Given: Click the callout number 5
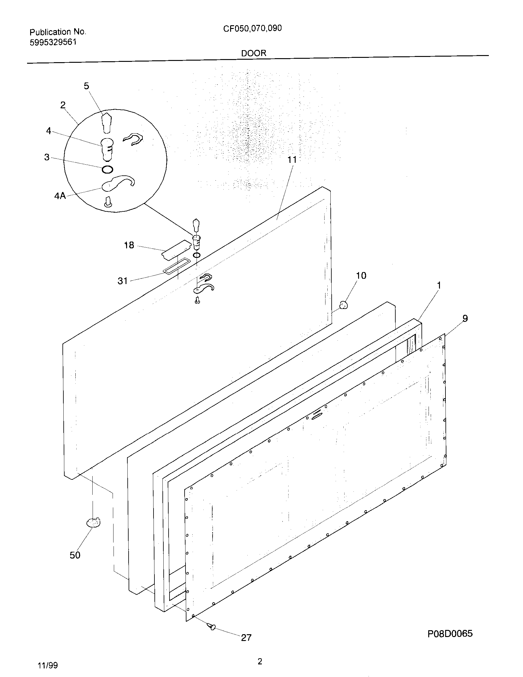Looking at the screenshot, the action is coord(86,86).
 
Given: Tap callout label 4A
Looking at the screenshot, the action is coord(60,196).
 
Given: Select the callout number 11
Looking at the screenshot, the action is coord(292,160).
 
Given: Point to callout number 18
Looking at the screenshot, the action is coord(129,245).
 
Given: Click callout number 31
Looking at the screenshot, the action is coord(123,281).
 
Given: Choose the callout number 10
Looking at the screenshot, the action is coord(361,275).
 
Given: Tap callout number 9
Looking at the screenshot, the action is coord(465,318).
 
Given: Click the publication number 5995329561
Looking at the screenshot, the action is coord(53,42).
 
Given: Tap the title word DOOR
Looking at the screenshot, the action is coord(254,53).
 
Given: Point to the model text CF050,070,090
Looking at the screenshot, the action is coord(253,29).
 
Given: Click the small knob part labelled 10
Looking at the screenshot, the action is coord(343,305).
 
